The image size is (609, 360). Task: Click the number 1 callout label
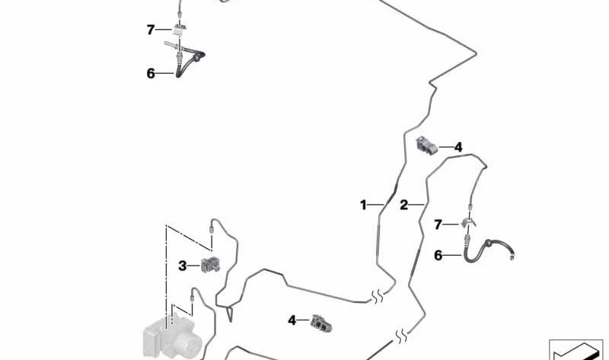click(363, 205)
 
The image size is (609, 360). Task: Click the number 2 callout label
click(404, 205)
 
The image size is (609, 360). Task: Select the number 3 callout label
click(182, 266)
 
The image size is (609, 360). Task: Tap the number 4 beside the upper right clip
click(458, 148)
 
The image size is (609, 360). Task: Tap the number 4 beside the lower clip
click(292, 320)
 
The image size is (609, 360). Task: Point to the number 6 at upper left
click(151, 73)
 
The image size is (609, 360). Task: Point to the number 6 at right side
click(438, 255)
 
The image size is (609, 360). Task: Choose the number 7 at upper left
click(151, 30)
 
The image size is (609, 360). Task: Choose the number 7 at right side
click(438, 225)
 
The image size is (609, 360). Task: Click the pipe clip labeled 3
click(210, 265)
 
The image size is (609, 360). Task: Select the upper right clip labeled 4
click(426, 145)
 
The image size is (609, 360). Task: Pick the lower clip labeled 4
click(321, 323)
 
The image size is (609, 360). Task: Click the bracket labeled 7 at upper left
click(180, 28)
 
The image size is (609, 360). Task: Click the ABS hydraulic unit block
click(172, 337)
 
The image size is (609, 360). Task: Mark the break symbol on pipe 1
click(377, 297)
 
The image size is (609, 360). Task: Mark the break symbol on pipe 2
click(401, 336)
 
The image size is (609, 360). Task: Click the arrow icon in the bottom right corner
click(576, 350)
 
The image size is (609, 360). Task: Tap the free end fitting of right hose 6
click(512, 256)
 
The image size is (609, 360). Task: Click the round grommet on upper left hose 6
click(199, 58)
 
